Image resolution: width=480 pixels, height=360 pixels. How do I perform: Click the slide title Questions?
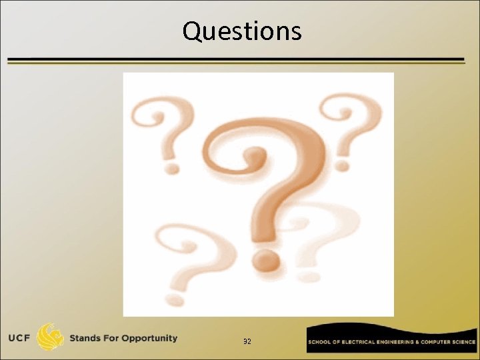(241, 31)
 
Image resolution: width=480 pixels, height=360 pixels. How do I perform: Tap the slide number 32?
(247, 341)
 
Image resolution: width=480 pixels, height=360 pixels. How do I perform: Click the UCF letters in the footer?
(20, 338)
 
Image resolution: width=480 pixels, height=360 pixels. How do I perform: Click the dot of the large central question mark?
(266, 259)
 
